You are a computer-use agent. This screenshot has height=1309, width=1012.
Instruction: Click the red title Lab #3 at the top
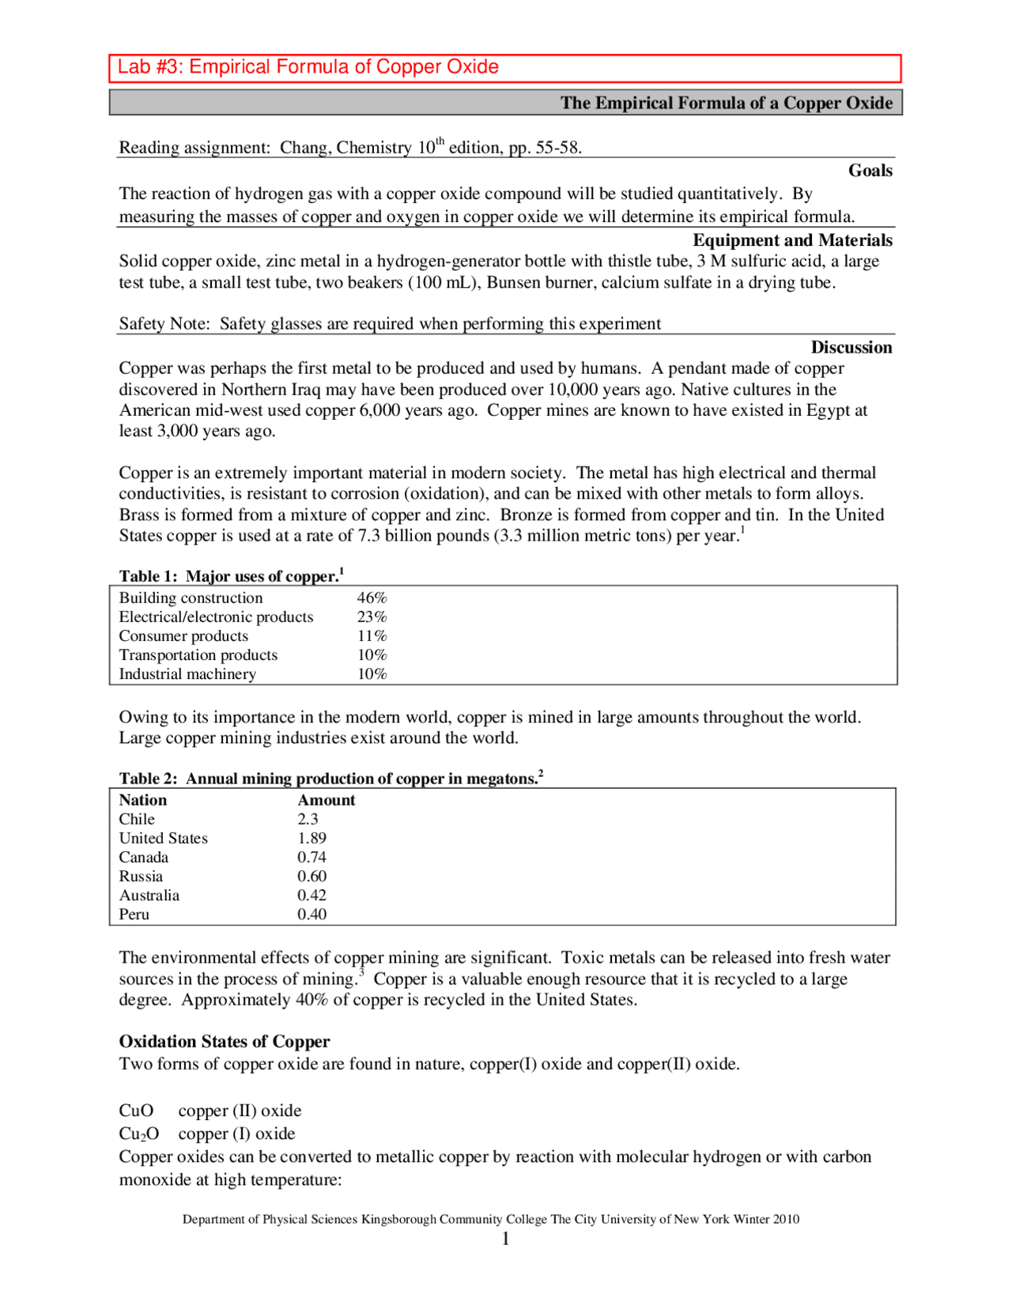(308, 67)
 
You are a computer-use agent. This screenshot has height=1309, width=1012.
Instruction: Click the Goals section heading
(870, 171)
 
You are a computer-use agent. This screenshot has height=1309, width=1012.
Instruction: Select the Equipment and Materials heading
(792, 240)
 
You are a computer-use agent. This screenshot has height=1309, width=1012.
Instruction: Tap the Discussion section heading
(851, 348)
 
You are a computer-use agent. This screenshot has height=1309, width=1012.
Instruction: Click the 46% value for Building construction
(372, 598)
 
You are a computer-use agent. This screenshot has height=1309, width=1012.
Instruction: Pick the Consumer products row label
(183, 636)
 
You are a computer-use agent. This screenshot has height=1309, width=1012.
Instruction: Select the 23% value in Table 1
(372, 617)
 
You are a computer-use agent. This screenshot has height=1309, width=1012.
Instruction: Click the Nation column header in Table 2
(143, 801)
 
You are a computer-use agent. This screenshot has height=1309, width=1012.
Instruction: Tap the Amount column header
(326, 801)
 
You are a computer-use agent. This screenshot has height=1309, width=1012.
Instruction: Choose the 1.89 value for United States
(312, 839)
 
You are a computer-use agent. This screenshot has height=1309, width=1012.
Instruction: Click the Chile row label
(137, 820)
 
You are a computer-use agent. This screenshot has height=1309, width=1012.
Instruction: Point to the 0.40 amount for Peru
(312, 915)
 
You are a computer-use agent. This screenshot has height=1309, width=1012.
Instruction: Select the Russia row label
(141, 877)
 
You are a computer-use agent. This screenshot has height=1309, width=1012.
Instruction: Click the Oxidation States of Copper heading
(225, 1042)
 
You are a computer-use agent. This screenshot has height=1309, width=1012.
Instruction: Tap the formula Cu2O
(139, 1134)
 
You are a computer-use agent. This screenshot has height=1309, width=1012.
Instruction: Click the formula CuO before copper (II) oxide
(136, 1111)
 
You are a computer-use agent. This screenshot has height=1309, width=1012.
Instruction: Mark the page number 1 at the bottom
(505, 1239)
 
